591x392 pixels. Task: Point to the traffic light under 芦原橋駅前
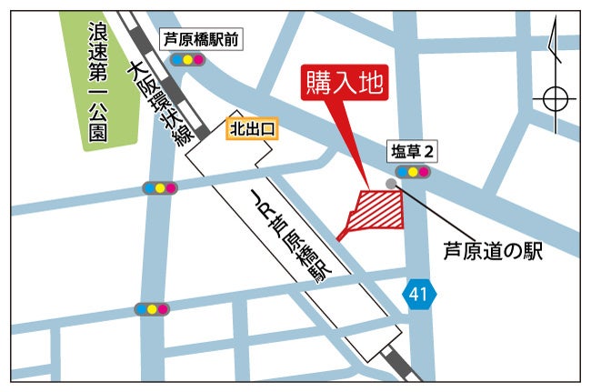188,60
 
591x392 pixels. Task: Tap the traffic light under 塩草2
413,171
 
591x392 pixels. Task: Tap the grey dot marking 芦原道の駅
391,184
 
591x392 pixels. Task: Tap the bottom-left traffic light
152,309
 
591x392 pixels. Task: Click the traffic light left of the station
161,188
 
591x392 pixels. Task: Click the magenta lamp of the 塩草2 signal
424,171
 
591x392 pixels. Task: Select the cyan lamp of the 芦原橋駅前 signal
177,60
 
